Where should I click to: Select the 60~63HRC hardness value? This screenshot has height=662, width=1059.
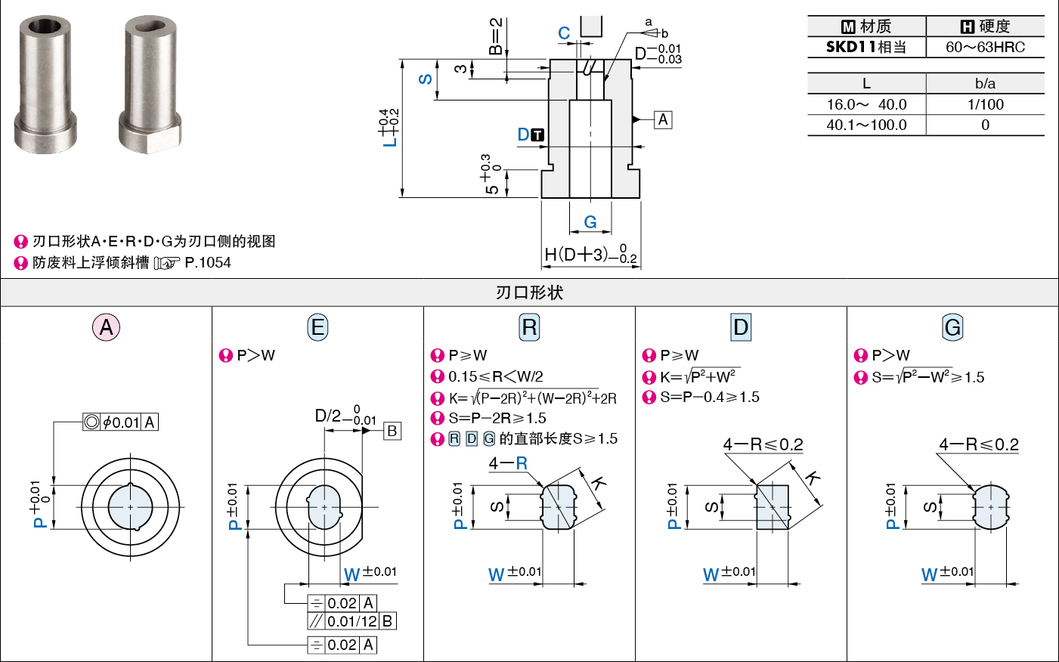click(985, 48)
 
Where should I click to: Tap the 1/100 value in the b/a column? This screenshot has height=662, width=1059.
click(985, 104)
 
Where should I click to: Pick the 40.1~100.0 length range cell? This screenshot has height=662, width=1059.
click(866, 125)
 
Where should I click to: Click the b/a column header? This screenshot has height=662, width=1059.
click(985, 84)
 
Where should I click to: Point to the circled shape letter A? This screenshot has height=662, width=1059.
click(106, 327)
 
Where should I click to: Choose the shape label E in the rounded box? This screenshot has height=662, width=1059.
click(317, 327)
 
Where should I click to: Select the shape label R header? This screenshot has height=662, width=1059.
click(529, 327)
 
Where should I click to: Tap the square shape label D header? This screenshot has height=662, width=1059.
click(741, 327)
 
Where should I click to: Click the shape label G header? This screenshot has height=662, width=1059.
click(952, 327)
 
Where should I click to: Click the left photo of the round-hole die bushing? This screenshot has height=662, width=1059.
click(45, 84)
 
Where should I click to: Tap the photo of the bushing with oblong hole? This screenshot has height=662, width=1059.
click(150, 84)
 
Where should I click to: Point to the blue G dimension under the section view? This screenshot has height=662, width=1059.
click(590, 221)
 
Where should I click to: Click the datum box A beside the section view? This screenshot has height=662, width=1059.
click(663, 119)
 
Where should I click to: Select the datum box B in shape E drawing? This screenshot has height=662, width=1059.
click(392, 431)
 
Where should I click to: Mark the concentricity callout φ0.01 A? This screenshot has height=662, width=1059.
click(120, 422)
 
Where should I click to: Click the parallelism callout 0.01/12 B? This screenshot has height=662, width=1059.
click(351, 621)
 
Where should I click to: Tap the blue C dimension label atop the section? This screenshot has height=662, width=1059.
click(564, 33)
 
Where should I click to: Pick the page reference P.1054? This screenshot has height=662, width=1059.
click(208, 263)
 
